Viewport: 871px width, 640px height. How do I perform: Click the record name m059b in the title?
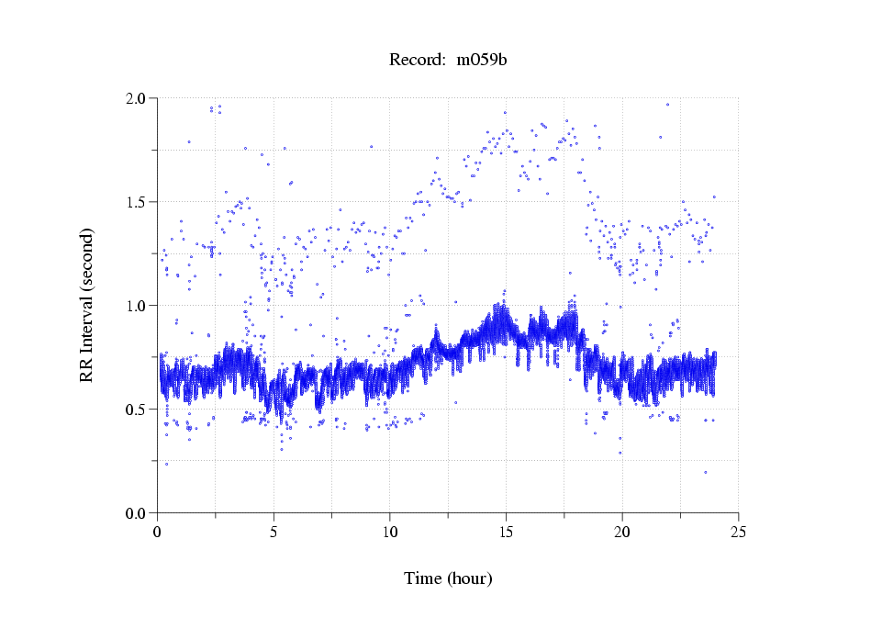coord(483,61)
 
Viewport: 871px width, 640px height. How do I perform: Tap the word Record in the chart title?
coord(416,61)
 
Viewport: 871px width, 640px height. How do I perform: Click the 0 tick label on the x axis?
coord(158,532)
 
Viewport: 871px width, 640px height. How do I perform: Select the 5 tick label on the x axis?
coord(274,532)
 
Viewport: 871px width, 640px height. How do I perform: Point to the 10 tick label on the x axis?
coord(390,532)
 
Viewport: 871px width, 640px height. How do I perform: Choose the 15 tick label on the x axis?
coord(506,532)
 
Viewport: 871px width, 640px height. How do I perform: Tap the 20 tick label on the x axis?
coord(622,532)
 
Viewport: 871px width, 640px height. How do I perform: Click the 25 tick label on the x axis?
coord(738,532)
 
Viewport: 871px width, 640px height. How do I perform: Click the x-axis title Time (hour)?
coord(448,578)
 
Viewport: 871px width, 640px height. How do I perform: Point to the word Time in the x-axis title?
coord(423,578)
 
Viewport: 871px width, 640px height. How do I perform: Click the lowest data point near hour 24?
coord(705,472)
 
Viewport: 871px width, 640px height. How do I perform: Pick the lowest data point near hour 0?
coord(166,464)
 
